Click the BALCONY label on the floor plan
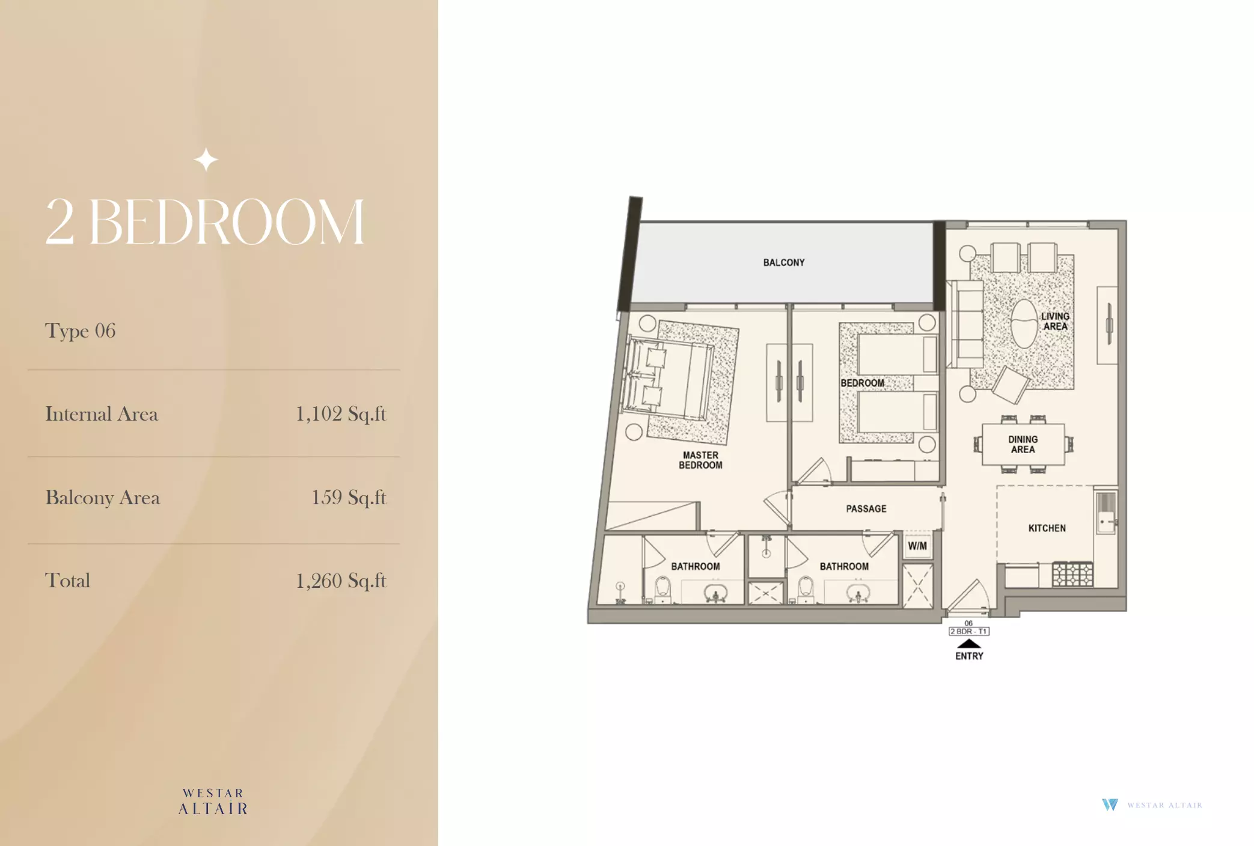[783, 262]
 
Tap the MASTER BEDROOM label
[700, 460]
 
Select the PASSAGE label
[866, 509]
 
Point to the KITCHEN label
[1047, 528]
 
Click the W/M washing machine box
[917, 546]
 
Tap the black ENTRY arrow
[968, 643]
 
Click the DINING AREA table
[1023, 445]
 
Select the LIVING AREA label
[1055, 321]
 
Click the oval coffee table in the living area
[1023, 324]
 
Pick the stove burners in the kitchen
[1072, 574]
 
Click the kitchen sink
[1106, 512]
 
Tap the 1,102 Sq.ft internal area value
[341, 414]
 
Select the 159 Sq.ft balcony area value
[349, 498]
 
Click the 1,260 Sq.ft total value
[341, 581]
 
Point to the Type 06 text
[80, 331]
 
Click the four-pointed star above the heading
[206, 160]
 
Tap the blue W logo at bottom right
[1110, 804]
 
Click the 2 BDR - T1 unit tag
[968, 631]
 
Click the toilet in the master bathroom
[662, 590]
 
